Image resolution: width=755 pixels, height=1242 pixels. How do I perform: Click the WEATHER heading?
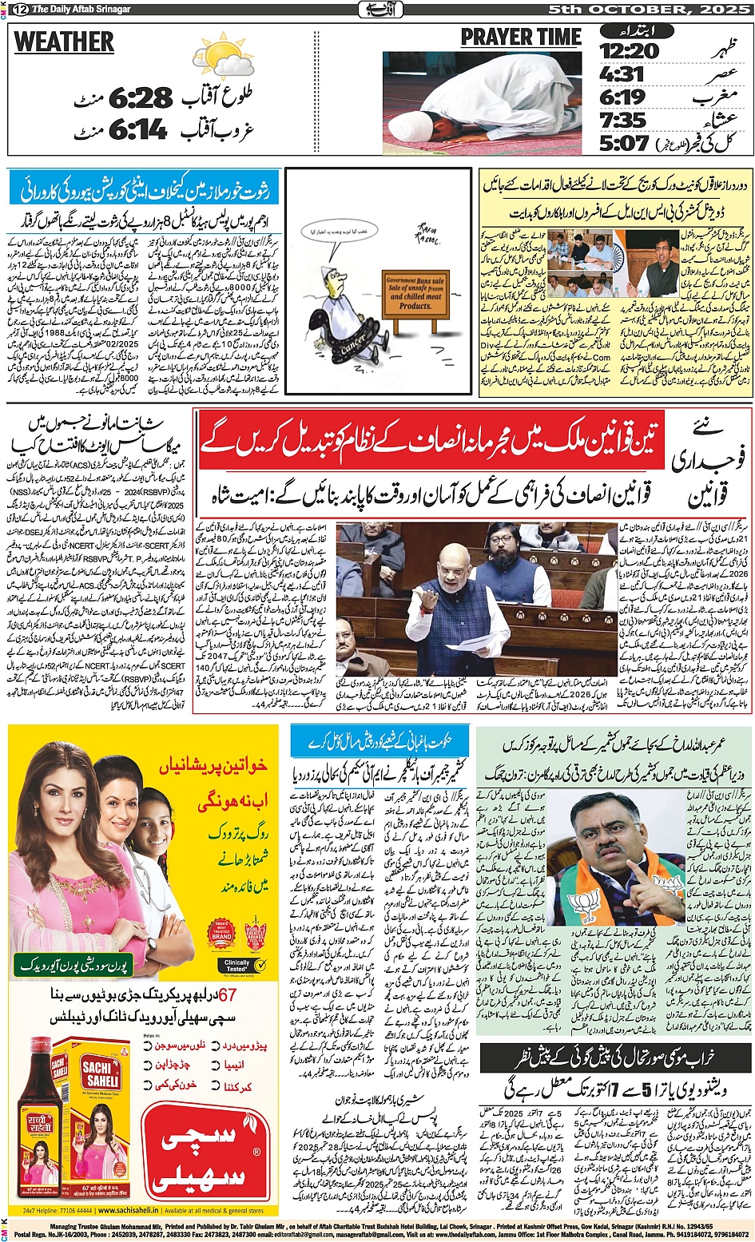click(64, 42)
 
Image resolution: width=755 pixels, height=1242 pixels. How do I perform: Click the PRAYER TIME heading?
click(521, 38)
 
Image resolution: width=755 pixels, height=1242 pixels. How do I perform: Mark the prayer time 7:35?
click(623, 120)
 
